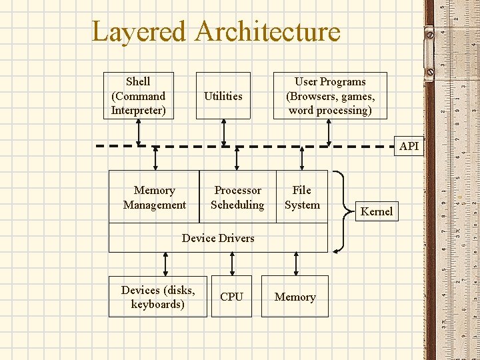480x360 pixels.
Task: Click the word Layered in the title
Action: [x=139, y=32]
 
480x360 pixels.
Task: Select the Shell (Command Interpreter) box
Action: [x=138, y=95]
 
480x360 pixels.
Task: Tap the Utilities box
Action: [x=223, y=95]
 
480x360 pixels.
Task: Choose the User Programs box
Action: [x=330, y=95]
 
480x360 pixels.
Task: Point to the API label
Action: [x=409, y=146]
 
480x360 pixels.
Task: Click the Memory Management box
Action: [x=154, y=197]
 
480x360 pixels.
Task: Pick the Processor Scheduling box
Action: [x=237, y=197]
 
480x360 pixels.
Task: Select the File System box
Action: [x=302, y=197]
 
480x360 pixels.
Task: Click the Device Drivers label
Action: [x=218, y=238]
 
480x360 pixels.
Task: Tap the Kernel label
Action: [x=377, y=211]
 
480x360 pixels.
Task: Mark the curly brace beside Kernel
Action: [x=341, y=211]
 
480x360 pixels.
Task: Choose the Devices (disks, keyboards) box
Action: [x=158, y=297]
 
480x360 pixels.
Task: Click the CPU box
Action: [x=231, y=297]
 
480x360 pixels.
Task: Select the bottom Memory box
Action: [x=295, y=297]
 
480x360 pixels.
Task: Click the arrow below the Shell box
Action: [x=139, y=132]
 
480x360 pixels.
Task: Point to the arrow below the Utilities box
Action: [x=224, y=132]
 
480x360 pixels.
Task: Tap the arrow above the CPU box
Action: [x=232, y=263]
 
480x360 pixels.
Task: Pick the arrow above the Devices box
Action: [x=165, y=263]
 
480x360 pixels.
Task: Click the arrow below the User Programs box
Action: [x=329, y=132]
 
